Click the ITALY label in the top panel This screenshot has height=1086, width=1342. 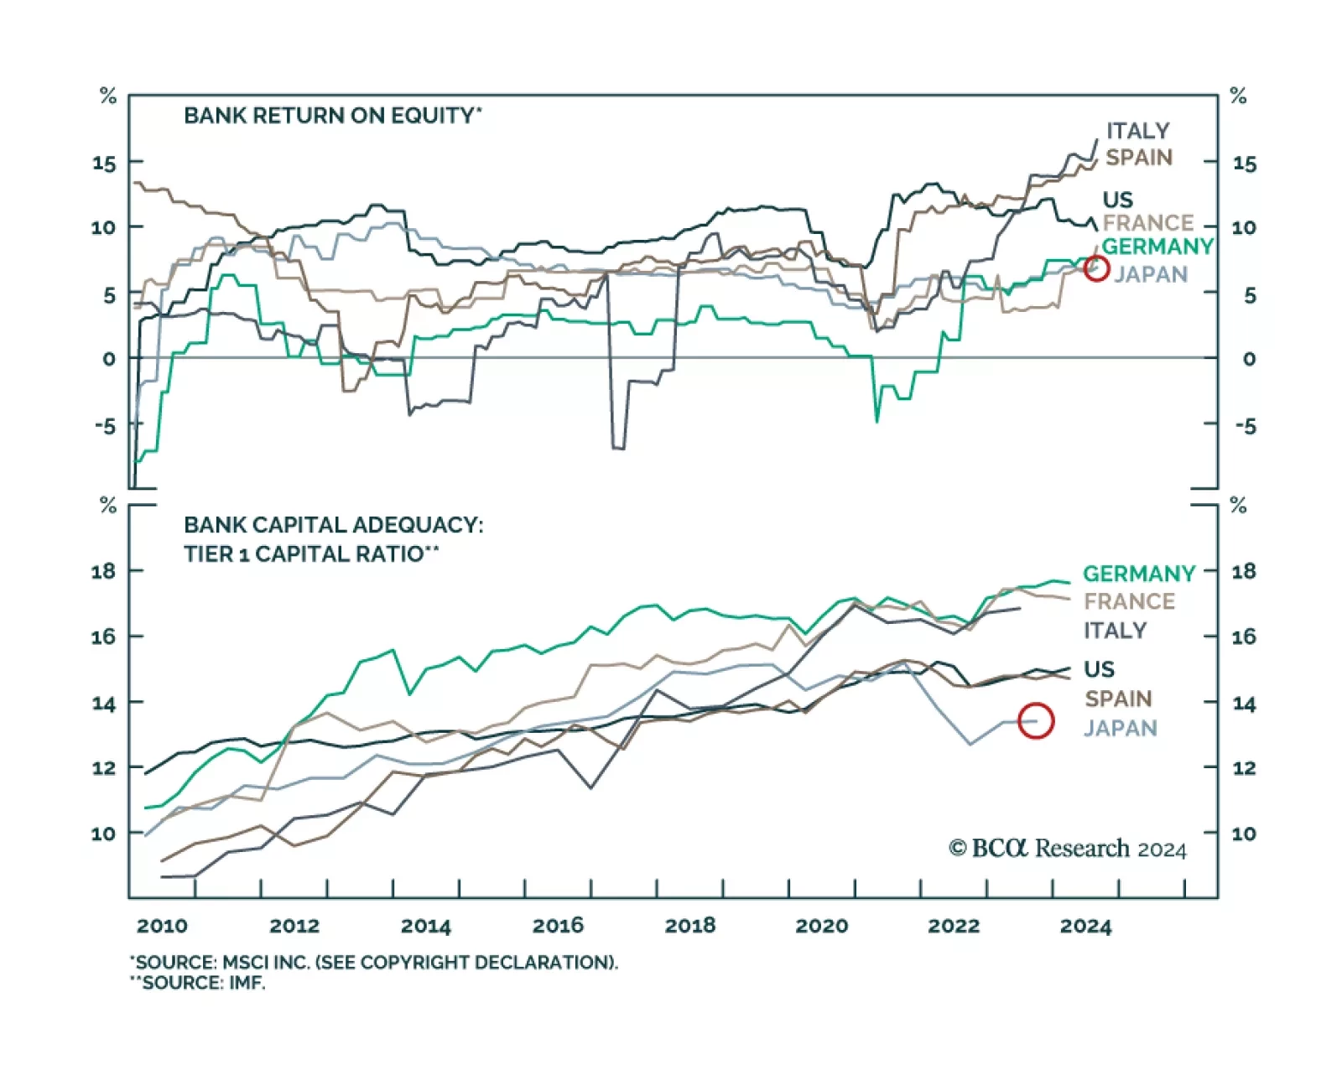[1137, 131]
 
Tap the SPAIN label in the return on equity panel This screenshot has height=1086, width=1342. [1138, 158]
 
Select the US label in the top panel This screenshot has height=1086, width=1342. [1117, 200]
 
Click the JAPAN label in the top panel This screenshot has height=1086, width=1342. [1150, 274]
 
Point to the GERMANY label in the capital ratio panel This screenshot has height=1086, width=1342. [1138, 574]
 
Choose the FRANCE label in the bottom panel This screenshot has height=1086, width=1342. [1129, 601]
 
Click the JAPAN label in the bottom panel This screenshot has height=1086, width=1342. [1120, 728]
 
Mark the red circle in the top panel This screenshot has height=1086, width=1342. [1096, 268]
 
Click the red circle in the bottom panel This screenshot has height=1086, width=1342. [1036, 721]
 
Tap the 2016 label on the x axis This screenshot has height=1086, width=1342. [558, 926]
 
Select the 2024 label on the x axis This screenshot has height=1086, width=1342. [1085, 926]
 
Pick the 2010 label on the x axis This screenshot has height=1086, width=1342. [162, 926]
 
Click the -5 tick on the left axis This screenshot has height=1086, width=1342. [105, 426]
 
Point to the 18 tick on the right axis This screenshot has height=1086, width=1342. [1243, 572]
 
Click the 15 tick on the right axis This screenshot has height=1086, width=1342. [1244, 164]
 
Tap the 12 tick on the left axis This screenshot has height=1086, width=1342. [103, 768]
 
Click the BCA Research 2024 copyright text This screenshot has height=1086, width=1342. [1067, 850]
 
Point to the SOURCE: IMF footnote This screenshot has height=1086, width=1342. [198, 983]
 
